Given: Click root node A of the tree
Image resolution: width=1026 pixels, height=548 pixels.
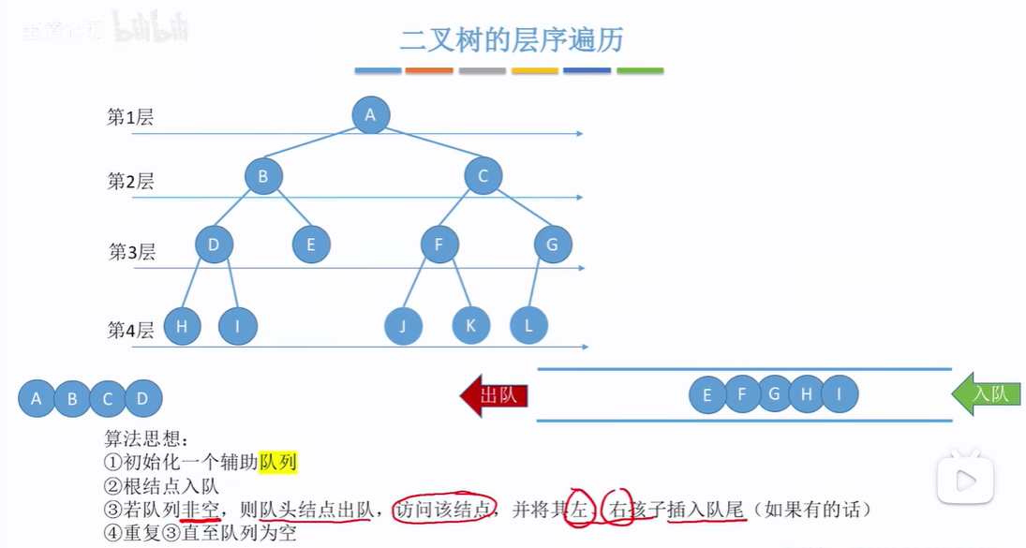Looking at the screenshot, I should click(x=370, y=115).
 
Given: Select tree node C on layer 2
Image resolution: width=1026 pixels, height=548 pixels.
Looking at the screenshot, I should click(x=483, y=176).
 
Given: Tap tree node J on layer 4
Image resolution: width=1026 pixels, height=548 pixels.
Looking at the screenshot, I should click(x=403, y=326).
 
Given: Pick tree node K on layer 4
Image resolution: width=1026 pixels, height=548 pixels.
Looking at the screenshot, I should click(x=471, y=325).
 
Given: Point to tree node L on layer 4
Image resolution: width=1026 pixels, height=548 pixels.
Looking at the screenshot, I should click(x=528, y=325).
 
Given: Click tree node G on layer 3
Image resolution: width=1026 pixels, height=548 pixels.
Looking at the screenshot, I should click(x=552, y=245).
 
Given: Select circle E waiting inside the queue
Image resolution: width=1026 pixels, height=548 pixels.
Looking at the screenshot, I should click(x=707, y=394).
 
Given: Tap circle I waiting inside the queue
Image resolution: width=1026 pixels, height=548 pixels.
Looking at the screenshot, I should click(x=840, y=394).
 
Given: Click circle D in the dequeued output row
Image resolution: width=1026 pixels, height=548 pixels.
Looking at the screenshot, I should click(x=142, y=398).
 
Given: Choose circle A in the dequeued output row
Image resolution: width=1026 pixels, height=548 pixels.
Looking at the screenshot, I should click(x=37, y=398).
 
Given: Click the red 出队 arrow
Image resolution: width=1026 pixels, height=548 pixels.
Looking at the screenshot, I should click(x=495, y=395).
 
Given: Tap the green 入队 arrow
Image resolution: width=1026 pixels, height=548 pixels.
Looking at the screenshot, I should click(x=987, y=394).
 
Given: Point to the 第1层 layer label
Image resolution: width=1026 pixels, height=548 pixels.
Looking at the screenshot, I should click(x=130, y=118).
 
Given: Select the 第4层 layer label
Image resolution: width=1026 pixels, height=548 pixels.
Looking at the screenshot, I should click(x=130, y=330).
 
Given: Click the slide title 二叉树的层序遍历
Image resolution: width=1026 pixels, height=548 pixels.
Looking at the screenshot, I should click(x=512, y=40).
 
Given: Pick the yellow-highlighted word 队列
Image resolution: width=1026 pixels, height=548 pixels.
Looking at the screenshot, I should click(x=278, y=462).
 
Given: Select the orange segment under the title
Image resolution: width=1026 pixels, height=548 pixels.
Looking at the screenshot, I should click(x=429, y=71).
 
